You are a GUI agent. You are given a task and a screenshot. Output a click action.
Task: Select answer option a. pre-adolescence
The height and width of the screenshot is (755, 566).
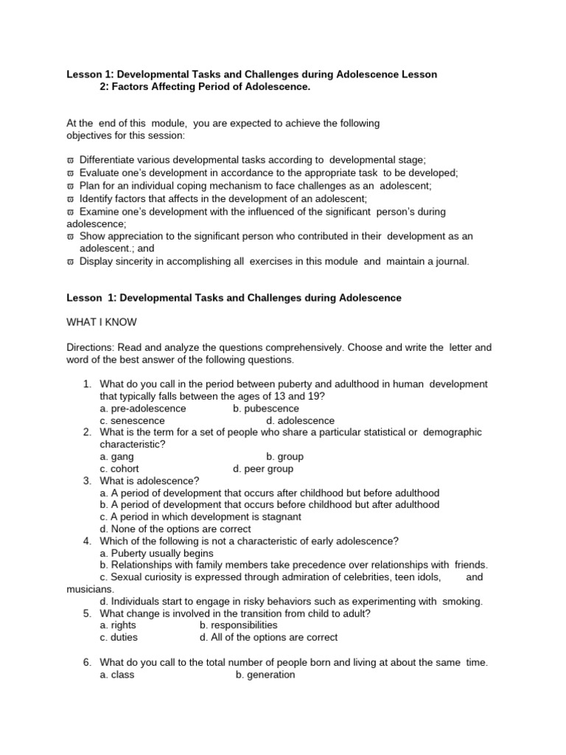(143, 408)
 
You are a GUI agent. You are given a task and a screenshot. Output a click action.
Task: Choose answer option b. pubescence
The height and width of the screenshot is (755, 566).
(266, 408)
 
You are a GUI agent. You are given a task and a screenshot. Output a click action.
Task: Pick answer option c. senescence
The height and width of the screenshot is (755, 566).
(133, 420)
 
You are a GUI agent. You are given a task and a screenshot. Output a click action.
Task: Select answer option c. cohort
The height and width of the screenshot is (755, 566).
(119, 468)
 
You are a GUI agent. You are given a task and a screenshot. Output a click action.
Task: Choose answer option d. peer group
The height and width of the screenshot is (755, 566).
(262, 468)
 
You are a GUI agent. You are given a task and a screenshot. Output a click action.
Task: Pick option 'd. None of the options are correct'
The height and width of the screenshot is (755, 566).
(175, 529)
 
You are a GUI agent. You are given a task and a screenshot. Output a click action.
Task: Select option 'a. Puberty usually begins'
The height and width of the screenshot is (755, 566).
(157, 553)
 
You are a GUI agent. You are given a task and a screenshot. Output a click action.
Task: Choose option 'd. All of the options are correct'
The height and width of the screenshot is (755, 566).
(269, 637)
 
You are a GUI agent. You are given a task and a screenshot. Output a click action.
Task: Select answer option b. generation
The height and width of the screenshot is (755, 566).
(265, 675)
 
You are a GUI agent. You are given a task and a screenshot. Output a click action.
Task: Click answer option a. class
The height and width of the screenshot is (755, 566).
(116, 675)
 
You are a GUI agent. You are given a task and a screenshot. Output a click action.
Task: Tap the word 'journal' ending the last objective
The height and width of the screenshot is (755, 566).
(450, 261)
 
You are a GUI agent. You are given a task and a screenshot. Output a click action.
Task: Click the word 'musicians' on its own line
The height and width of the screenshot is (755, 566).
(89, 589)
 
